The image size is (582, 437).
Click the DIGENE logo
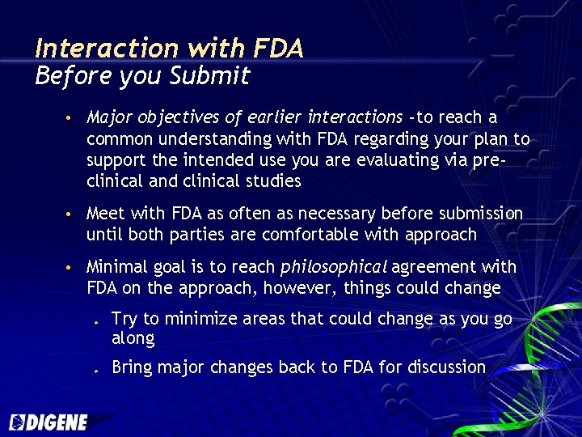coord(48,422)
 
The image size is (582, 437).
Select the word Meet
coord(104,214)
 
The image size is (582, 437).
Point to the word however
coord(305,288)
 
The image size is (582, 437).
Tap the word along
coord(133,338)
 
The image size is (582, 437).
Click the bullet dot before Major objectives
coord(71,119)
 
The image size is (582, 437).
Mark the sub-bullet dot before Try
coord(95,321)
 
